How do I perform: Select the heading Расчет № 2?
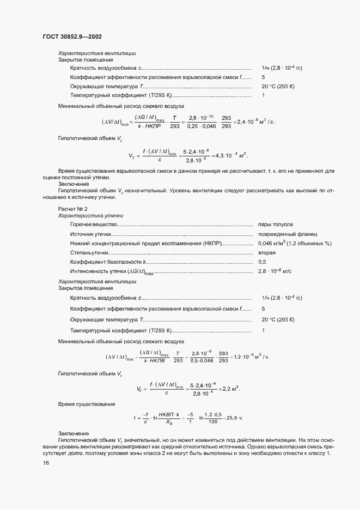[72, 209]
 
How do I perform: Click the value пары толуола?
[276, 224]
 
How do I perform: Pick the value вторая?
[267, 253]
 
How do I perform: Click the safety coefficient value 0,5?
[263, 262]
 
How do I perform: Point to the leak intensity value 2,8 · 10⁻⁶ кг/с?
[276, 271]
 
